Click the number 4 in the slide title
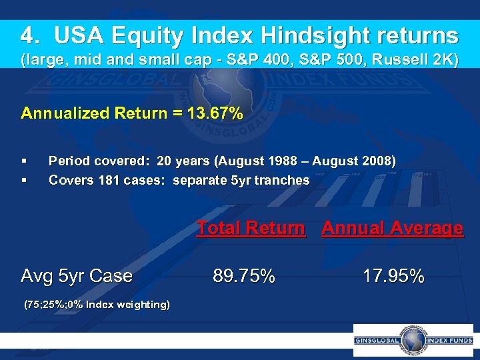(27, 35)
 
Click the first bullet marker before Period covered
(24, 161)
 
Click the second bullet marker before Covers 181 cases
(24, 180)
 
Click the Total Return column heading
(251, 228)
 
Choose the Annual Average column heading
(392, 228)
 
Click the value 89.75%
(243, 276)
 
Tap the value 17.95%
(393, 276)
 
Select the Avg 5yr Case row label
(77, 276)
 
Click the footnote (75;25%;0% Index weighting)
(96, 305)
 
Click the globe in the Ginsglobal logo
(413, 340)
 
